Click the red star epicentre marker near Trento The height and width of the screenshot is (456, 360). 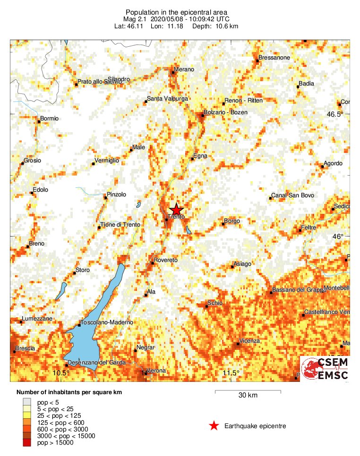click(x=176, y=210)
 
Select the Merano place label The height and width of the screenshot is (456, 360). click(x=184, y=69)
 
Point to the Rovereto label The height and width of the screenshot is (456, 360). click(x=165, y=260)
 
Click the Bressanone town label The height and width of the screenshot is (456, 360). click(x=274, y=58)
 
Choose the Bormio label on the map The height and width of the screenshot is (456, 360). click(x=50, y=118)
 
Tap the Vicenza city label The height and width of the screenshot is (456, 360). click(x=249, y=341)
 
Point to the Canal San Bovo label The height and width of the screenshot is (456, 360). click(x=292, y=195)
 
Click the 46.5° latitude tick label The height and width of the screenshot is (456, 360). click(x=336, y=114)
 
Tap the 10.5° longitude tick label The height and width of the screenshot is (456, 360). click(x=61, y=373)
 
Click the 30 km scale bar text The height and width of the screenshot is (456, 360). click(x=248, y=396)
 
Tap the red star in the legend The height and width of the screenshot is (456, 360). click(x=214, y=426)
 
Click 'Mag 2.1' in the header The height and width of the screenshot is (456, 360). click(x=137, y=19)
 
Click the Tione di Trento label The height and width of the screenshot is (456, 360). click(x=120, y=225)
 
